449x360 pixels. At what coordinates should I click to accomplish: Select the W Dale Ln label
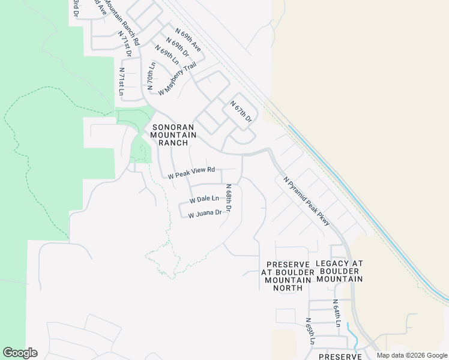click(204, 199)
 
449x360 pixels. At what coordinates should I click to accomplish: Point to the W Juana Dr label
click(205, 213)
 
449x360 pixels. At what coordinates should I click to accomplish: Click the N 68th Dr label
click(229, 198)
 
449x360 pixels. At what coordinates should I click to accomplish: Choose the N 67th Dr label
click(241, 112)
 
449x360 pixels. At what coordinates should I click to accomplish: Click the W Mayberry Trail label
click(178, 79)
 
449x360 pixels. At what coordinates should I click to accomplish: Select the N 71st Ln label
click(121, 82)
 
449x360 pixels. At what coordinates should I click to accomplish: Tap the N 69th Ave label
click(188, 39)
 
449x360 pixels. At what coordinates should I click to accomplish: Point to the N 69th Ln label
click(167, 55)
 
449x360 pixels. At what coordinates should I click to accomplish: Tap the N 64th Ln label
click(338, 313)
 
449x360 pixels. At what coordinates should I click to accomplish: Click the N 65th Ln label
click(310, 331)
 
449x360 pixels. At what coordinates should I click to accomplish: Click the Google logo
click(20, 353)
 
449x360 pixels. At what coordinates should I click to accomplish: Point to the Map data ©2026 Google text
click(411, 355)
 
